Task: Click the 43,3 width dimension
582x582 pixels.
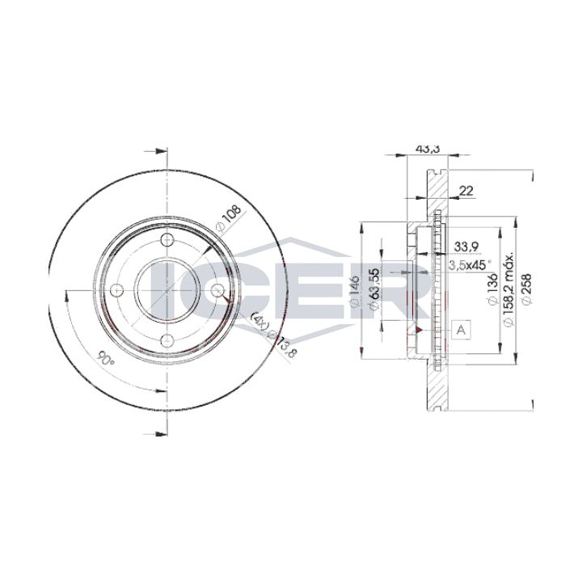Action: pyautogui.click(x=428, y=149)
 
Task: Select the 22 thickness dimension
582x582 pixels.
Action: pyautogui.click(x=466, y=191)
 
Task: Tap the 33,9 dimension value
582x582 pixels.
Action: pyautogui.click(x=466, y=247)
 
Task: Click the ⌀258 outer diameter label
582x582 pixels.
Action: pyautogui.click(x=526, y=289)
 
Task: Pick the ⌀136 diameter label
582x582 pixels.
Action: pyautogui.click(x=492, y=289)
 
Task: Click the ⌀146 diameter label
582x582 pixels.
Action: pyautogui.click(x=355, y=291)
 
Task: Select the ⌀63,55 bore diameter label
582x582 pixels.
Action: pyautogui.click(x=374, y=289)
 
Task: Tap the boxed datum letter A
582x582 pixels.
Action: pyautogui.click(x=461, y=330)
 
